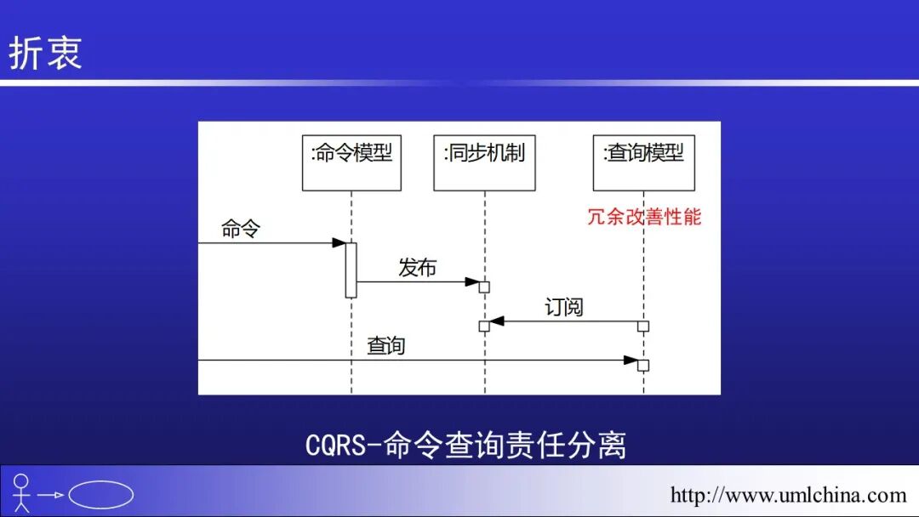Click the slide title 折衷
45,52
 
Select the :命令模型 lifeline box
351,162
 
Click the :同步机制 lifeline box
484,162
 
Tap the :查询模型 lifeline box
643,162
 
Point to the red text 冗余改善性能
644,216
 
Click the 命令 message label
241,229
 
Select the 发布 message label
417,268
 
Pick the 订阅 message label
564,307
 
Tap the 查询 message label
386,345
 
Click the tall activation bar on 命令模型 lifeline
351,270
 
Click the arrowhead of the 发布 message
472,281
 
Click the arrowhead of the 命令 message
338,243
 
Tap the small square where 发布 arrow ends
484,287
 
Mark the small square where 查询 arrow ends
643,366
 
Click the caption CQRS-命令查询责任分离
465,445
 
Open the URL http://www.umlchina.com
788,495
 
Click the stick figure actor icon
21,493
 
